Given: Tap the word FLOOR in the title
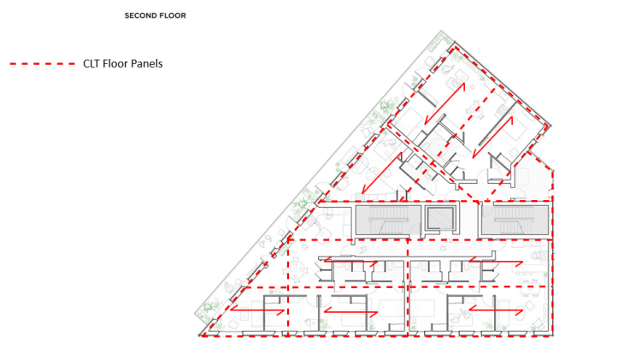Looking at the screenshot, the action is [x=172, y=15].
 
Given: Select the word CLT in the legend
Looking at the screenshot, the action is [x=91, y=64].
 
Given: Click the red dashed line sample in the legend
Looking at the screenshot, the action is [x=43, y=64].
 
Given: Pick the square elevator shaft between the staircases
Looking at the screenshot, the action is [x=439, y=218].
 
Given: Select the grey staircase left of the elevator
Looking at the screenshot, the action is [x=388, y=220].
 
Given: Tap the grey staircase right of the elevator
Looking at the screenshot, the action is [x=515, y=220].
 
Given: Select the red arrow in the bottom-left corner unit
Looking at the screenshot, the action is [x=257, y=309].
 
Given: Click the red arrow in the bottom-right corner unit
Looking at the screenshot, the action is [x=496, y=310].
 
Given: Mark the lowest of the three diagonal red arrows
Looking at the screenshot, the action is [x=381, y=173].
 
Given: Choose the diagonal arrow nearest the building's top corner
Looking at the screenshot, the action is [x=444, y=103].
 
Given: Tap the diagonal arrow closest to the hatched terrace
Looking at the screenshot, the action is [x=492, y=137].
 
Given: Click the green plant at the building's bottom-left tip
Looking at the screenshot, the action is [x=209, y=309].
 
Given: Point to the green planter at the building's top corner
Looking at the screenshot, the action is [x=440, y=41].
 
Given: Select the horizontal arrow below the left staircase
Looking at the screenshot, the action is [x=350, y=262].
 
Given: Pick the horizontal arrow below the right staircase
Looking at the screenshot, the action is [x=496, y=262].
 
